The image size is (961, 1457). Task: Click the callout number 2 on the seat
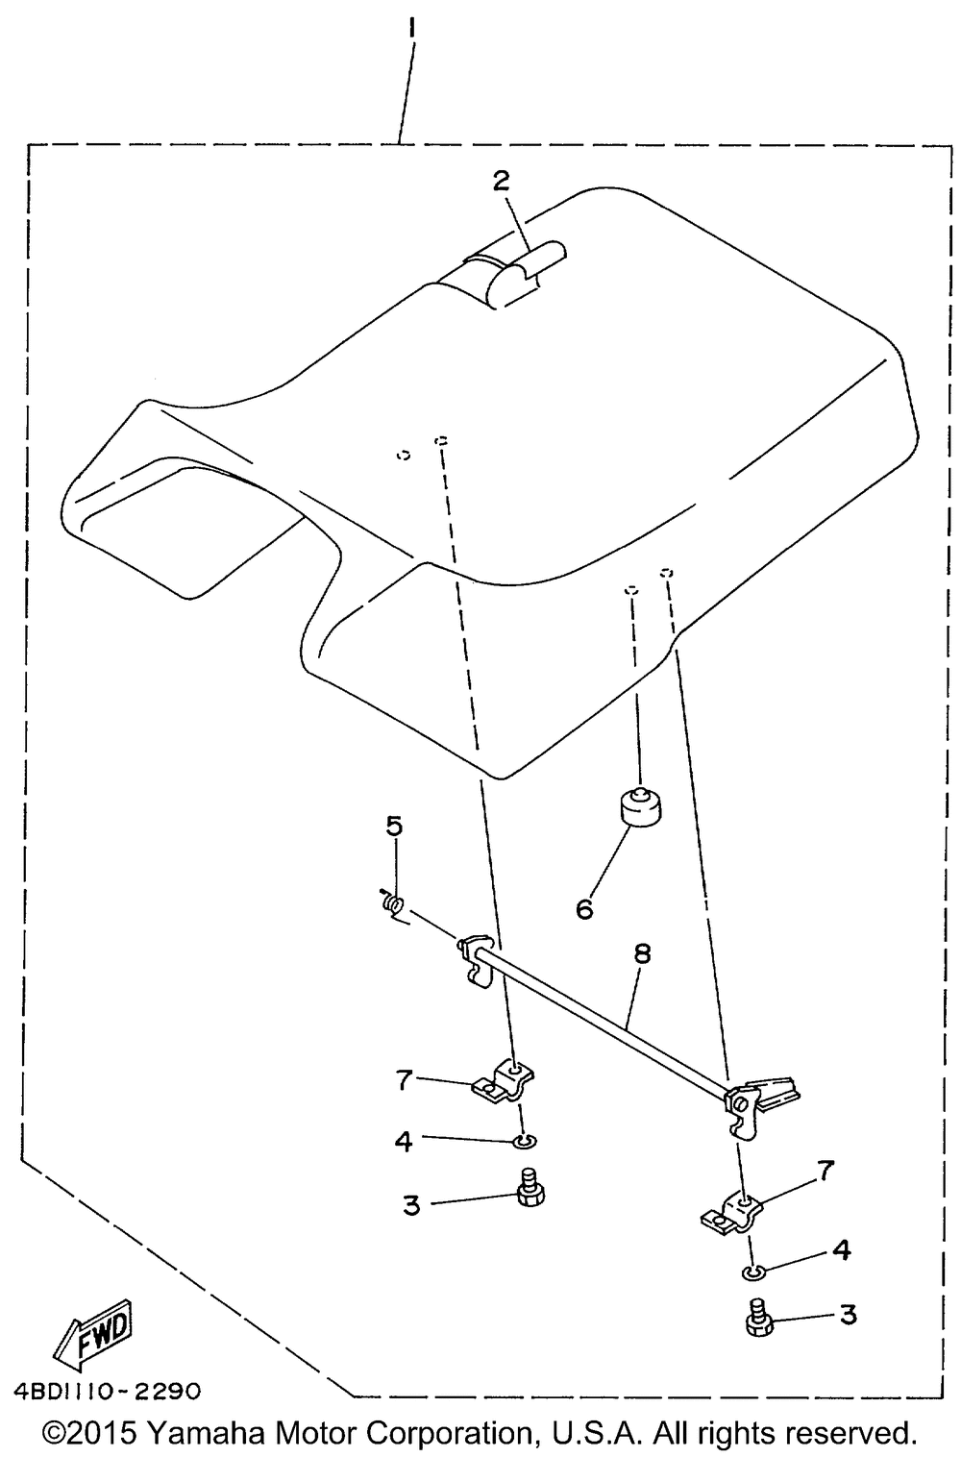(503, 180)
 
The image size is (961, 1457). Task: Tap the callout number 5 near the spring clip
(395, 827)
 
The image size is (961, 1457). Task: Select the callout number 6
(584, 908)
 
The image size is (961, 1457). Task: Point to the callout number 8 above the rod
(642, 952)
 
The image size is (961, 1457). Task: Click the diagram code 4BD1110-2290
(108, 1391)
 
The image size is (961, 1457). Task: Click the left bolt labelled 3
(528, 1187)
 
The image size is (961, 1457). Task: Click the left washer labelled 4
(524, 1141)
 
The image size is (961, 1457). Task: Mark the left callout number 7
(404, 1079)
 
